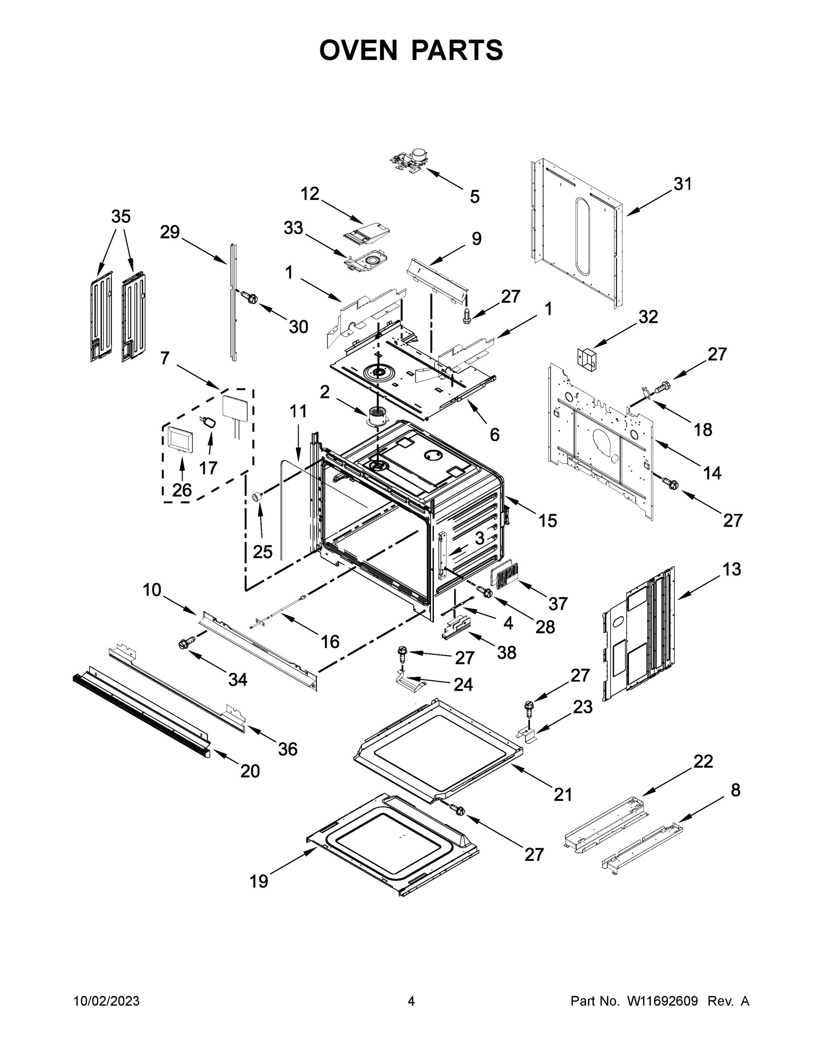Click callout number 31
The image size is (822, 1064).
(x=682, y=184)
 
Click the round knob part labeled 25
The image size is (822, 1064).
(x=257, y=497)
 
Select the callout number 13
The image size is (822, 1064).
(x=732, y=569)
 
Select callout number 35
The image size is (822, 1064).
(x=121, y=216)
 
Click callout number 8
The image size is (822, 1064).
(x=735, y=790)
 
